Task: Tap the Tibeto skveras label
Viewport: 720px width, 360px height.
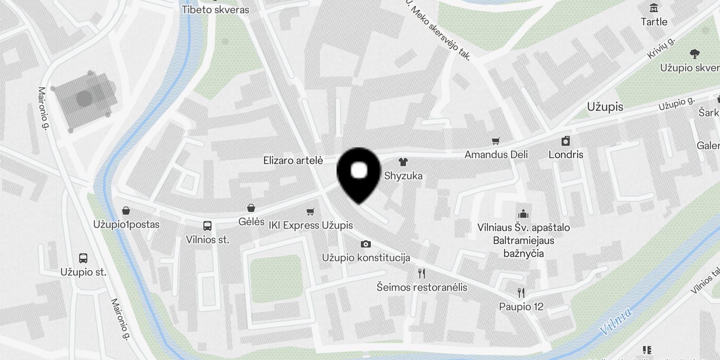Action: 215,9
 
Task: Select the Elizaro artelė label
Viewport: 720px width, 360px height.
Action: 293,160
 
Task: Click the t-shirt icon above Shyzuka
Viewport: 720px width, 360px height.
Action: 403,162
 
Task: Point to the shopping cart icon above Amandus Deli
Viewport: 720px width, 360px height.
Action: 496,141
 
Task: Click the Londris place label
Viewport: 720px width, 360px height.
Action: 566,154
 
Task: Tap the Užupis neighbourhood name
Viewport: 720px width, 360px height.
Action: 605,107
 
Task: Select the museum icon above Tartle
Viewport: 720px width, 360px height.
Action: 654,8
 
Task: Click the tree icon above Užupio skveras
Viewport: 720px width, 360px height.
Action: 694,54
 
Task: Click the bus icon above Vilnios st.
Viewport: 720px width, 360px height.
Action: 207,226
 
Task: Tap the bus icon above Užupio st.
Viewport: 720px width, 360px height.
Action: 83,258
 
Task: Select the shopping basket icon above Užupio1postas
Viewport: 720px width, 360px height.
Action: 126,211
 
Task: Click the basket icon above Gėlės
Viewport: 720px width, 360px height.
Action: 251,208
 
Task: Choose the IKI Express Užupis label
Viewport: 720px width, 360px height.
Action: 310,225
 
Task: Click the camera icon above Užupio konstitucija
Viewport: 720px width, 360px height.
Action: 366,244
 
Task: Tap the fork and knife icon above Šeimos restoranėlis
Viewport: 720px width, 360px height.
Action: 422,274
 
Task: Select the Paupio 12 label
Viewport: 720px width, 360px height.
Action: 521,307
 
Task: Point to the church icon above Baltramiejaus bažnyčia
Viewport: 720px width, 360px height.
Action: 523,214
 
